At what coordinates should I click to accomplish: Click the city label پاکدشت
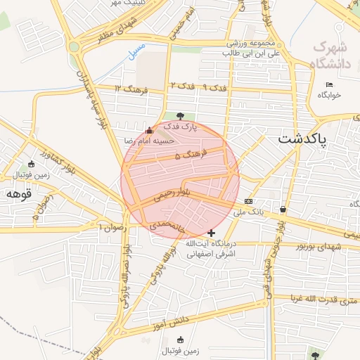[x=302, y=139]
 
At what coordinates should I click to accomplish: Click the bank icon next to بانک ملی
[x=248, y=201]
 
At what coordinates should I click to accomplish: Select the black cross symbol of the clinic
[x=212, y=233]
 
